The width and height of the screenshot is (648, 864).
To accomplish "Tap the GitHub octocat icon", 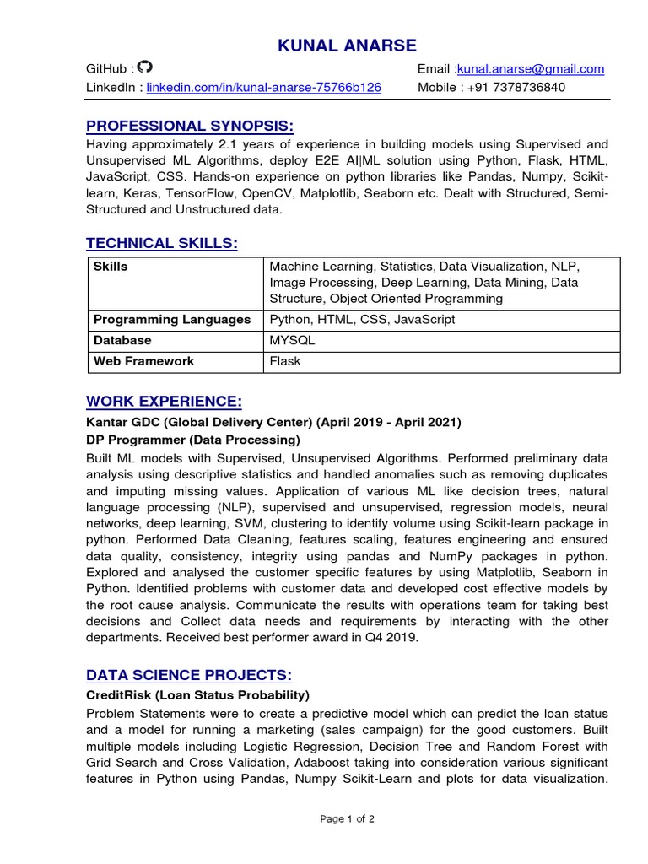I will (x=145, y=67).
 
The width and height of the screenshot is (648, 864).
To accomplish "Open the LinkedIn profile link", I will (x=263, y=87).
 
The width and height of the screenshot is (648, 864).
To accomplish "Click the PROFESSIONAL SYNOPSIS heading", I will (x=190, y=127).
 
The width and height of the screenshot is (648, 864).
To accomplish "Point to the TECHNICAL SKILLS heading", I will (x=162, y=243).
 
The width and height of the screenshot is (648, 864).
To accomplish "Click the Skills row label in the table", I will (x=111, y=267).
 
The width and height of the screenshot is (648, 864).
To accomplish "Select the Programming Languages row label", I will (x=172, y=320).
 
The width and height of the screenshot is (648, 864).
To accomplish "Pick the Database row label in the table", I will (x=123, y=340).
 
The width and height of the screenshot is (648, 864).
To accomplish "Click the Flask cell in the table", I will (x=285, y=361).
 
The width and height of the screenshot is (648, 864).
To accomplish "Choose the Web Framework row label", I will (x=144, y=361).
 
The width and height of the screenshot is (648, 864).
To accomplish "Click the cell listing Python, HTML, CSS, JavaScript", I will (x=362, y=320).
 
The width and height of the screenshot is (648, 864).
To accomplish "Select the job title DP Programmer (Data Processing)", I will (x=193, y=440).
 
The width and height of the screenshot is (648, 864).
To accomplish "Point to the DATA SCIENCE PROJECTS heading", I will (x=189, y=674).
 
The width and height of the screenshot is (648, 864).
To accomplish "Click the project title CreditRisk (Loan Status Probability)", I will (x=198, y=695).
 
